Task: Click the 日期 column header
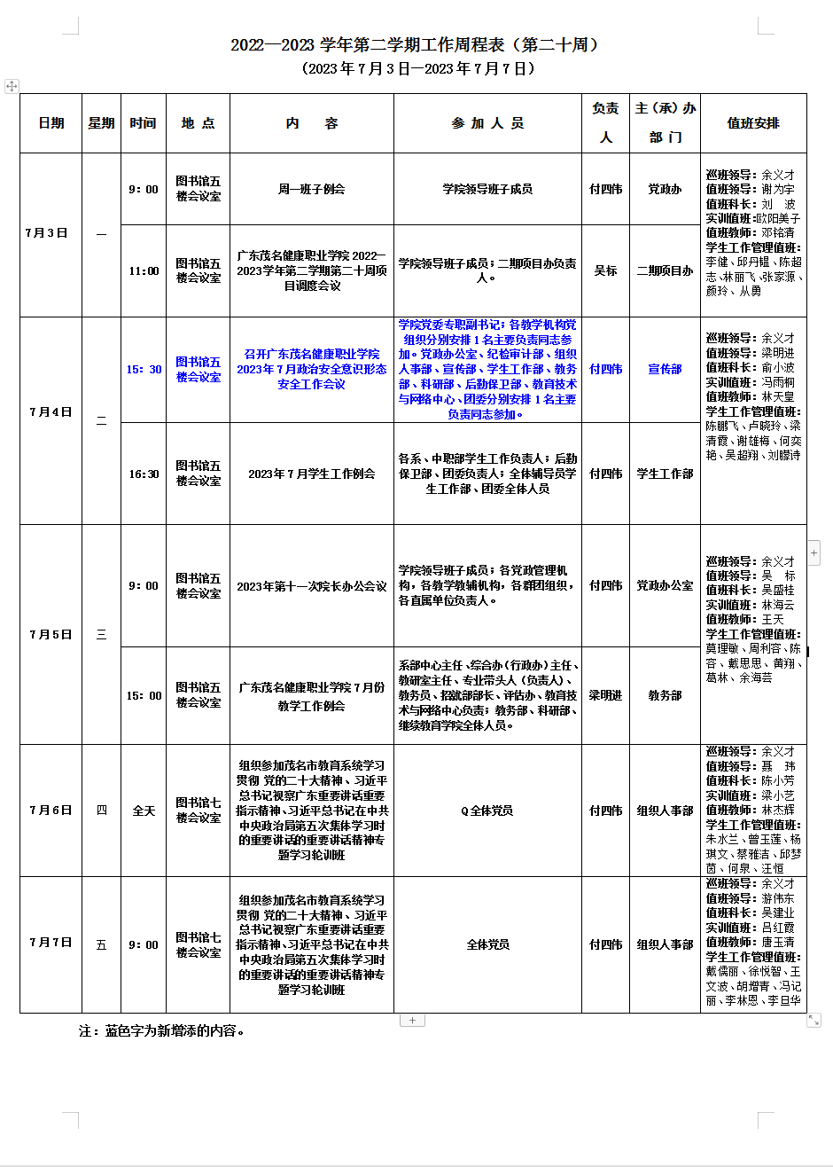[x=51, y=123]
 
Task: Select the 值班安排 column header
[x=753, y=123]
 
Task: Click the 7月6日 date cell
[x=51, y=811]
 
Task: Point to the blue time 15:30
[x=144, y=369]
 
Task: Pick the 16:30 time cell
[x=144, y=474]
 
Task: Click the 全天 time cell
[x=144, y=811]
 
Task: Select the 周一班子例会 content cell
[x=311, y=189]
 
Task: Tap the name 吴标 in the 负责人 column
[x=606, y=270]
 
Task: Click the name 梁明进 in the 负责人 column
[x=606, y=696]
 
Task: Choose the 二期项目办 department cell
[x=665, y=270]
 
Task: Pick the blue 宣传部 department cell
[x=665, y=369]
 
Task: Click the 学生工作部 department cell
[x=665, y=474]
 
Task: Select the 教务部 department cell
[x=665, y=696]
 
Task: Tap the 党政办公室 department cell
[x=665, y=586]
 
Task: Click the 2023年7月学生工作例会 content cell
[x=311, y=474]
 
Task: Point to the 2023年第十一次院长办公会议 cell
[x=311, y=586]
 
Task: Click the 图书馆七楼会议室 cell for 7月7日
[x=198, y=945]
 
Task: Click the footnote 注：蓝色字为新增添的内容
[x=162, y=1031]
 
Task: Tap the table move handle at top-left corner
[x=12, y=86]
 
